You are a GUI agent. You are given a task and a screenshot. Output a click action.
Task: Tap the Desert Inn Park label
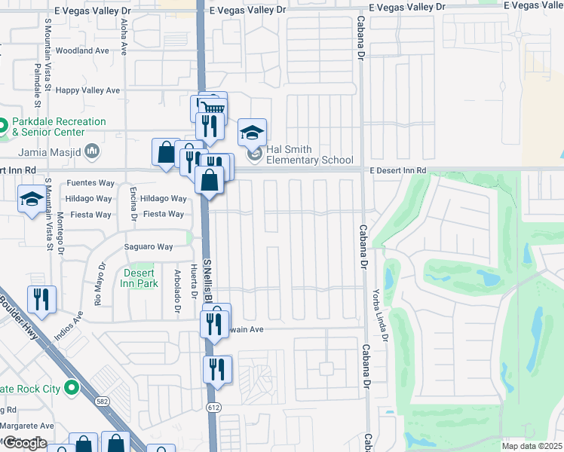[x=139, y=279]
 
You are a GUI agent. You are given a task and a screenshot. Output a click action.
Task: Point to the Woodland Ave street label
[x=83, y=51]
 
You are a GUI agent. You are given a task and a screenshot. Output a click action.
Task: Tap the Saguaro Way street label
[x=149, y=246]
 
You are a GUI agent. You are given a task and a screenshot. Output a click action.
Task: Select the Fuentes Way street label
[x=90, y=183]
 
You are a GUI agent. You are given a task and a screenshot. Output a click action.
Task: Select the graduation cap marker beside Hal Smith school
[x=253, y=133]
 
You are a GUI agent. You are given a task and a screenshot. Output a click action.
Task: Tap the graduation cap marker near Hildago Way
[x=32, y=200]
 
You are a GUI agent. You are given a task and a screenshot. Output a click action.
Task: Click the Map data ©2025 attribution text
[x=532, y=446]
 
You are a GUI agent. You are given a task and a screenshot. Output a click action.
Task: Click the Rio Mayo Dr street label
[x=98, y=284]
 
